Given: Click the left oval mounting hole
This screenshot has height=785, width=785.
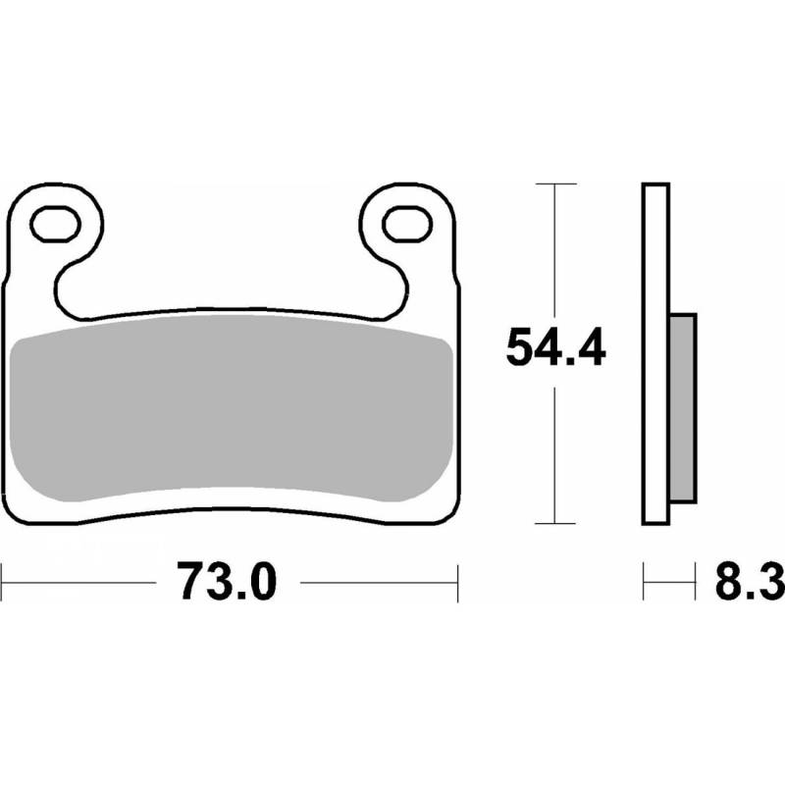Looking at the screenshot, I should pos(55,224).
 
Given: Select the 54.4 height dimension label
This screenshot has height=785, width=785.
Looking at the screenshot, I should pos(556,347).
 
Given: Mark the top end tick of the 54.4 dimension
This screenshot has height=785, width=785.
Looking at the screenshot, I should pos(556,183).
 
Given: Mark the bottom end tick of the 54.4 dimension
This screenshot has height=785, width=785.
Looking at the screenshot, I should pos(556,526).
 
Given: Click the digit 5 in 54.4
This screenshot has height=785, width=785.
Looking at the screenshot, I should pos(520,347).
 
